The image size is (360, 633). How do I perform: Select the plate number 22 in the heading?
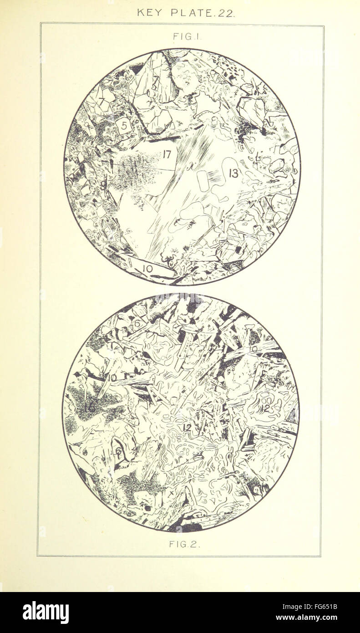(226, 13)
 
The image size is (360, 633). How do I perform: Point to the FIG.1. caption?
(182, 36)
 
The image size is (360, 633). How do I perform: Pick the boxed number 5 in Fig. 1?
(123, 126)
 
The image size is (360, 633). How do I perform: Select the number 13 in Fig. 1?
(233, 173)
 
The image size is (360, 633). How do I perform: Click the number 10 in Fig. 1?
(147, 269)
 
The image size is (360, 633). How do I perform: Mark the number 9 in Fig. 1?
(104, 184)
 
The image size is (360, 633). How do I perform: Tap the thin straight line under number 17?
(141, 167)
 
